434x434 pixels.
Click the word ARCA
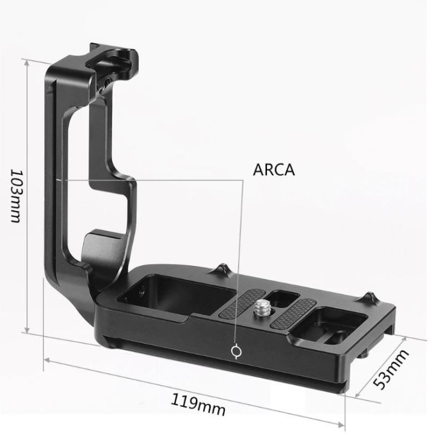tap(274, 170)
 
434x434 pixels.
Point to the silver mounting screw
tap(263, 308)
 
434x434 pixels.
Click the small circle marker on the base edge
tap(236, 351)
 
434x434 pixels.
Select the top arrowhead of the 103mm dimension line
tap(26, 61)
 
